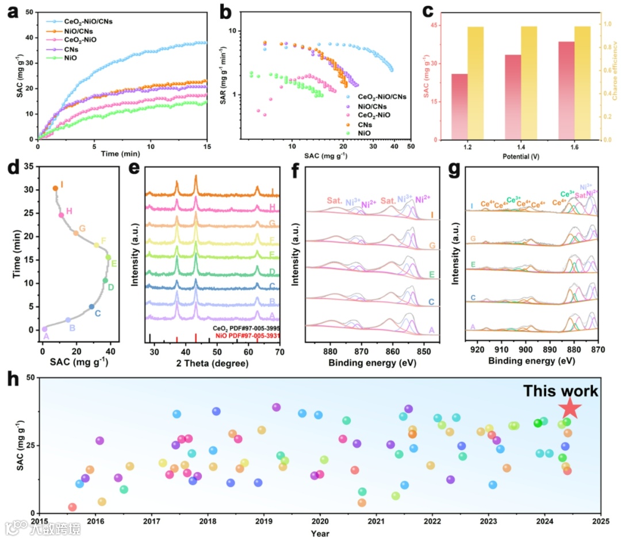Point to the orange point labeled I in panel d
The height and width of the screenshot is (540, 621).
tap(55, 188)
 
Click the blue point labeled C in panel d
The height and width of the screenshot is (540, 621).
tap(91, 307)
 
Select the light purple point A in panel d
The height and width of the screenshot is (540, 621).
tap(44, 329)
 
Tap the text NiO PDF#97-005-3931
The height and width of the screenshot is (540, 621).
tap(246, 335)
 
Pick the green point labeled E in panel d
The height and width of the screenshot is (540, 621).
tap(108, 257)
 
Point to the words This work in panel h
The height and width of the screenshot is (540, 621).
tap(560, 392)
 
